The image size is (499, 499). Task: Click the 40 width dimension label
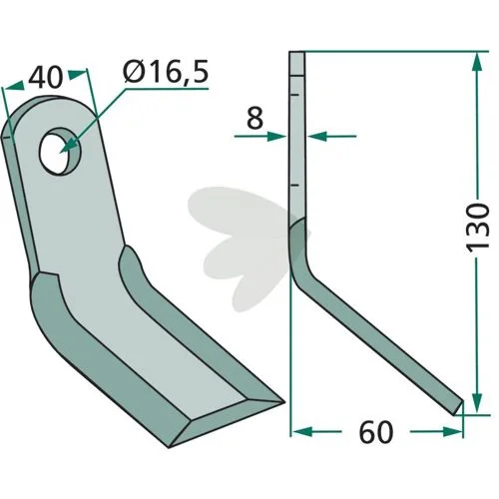[x=46, y=78]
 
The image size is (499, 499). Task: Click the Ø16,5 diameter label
[x=166, y=72]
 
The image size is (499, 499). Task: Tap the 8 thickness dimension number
[x=254, y=118]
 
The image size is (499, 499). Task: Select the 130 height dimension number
[x=478, y=228]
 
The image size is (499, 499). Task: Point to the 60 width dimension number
[x=376, y=432]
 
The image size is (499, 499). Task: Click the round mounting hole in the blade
[x=60, y=151]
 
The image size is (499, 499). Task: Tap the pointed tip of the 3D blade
[x=283, y=402]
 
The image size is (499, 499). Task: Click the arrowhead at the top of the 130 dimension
[x=477, y=61]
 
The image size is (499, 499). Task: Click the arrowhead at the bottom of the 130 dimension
[x=477, y=403]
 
